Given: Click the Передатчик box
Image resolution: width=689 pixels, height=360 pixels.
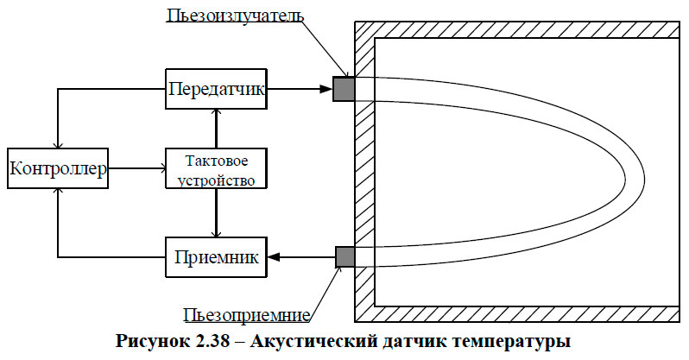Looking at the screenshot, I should point(217,89).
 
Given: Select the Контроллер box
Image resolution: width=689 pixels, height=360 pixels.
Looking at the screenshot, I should point(58,170).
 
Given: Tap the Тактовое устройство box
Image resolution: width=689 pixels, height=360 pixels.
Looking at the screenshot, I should point(215,170).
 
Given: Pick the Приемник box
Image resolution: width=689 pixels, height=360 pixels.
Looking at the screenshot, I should point(217,256).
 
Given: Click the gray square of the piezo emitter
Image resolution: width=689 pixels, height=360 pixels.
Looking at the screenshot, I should point(344,89).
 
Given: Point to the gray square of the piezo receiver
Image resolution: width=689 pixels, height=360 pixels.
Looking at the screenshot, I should point(344,256).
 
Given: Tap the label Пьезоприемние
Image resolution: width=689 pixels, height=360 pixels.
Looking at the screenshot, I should point(249,313).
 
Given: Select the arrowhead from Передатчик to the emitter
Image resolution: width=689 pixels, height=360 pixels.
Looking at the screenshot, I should point(328,89).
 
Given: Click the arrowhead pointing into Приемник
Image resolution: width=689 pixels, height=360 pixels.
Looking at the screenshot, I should point(274,256).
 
